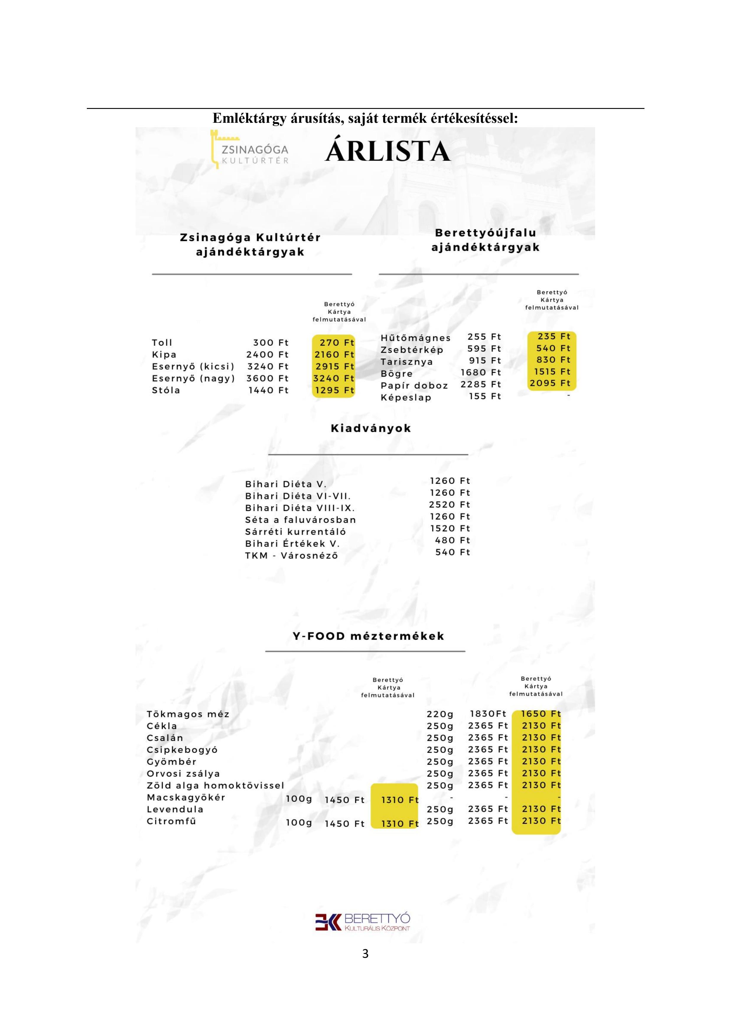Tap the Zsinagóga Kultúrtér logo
click(250, 150)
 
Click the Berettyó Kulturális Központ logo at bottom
click(363, 922)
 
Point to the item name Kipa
click(164, 355)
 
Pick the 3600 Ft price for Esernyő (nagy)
click(267, 378)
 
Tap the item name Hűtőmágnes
click(416, 338)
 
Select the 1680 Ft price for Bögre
click(481, 372)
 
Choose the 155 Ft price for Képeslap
click(485, 396)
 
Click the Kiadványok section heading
click(371, 428)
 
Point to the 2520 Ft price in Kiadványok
click(449, 505)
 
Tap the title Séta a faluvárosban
click(301, 520)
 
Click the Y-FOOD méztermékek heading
click(368, 636)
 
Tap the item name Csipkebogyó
click(182, 750)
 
